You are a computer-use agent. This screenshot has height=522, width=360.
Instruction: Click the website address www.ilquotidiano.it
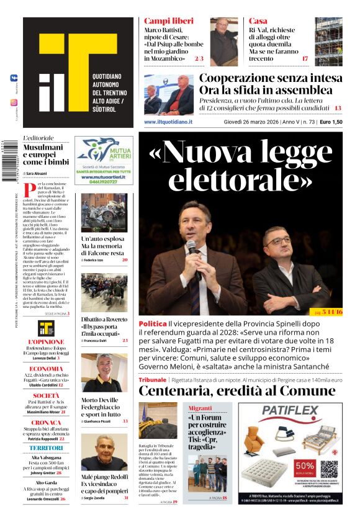(168, 122)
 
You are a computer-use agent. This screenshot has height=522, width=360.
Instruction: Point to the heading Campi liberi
(164, 21)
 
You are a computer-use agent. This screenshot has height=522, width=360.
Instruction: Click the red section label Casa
(258, 21)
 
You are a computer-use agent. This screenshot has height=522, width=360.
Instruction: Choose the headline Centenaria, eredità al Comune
(240, 390)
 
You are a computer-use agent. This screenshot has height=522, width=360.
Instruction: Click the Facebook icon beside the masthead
(14, 78)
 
